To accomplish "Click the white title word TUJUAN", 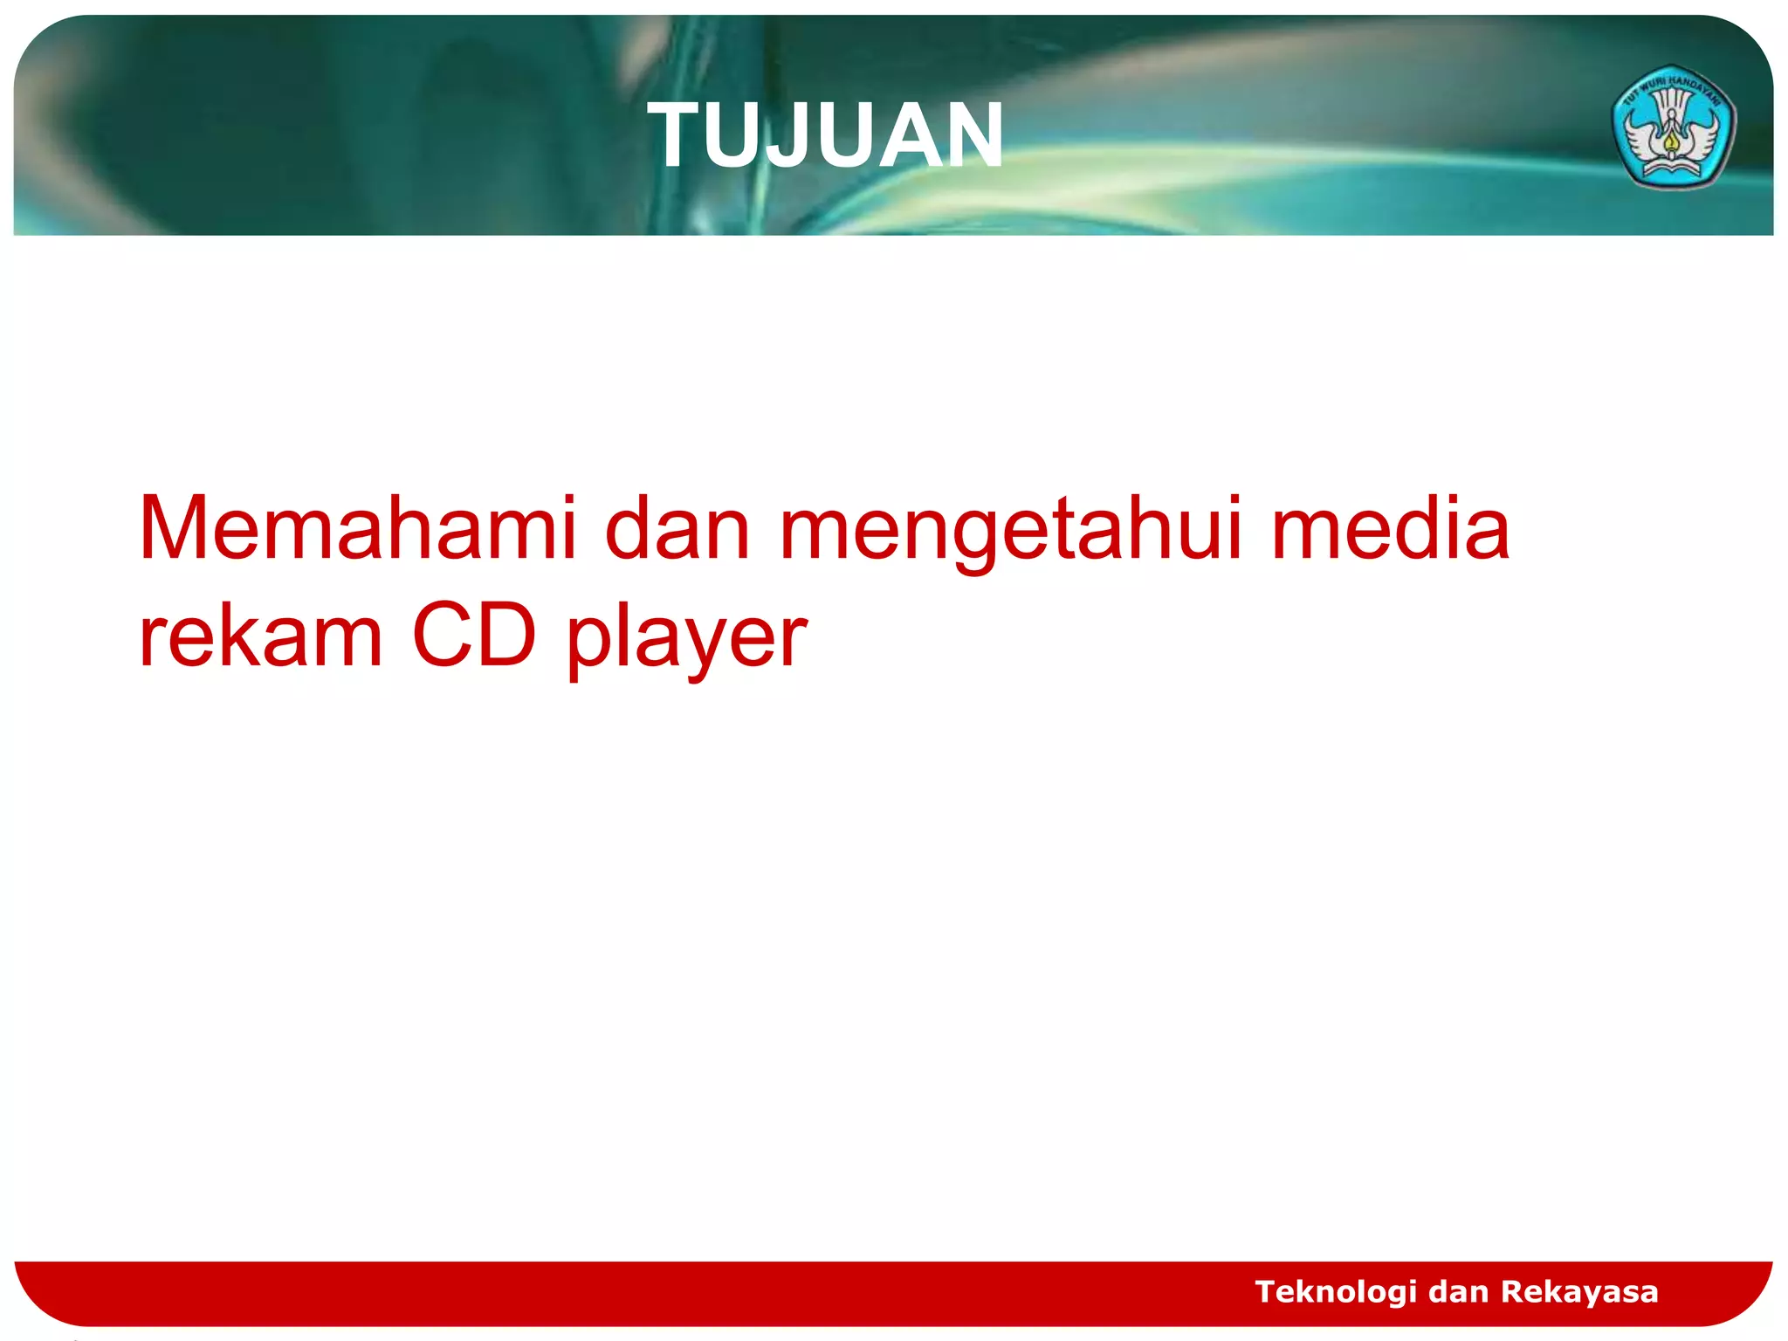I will pyautogui.click(x=826, y=136).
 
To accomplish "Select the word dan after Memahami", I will pyautogui.click(x=677, y=528).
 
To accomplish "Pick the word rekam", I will pyautogui.click(x=260, y=636).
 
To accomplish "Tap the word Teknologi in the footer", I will pyautogui.click(x=1335, y=1292).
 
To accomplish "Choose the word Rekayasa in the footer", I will pyautogui.click(x=1579, y=1291).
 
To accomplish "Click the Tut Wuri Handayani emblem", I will pyautogui.click(x=1673, y=127).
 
